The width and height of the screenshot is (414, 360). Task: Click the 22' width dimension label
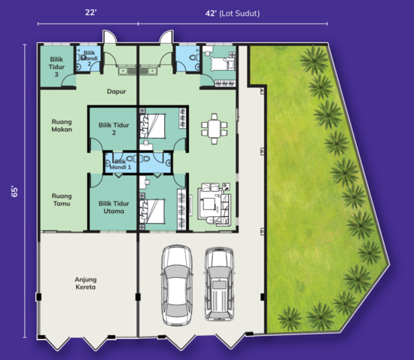pyautogui.click(x=90, y=13)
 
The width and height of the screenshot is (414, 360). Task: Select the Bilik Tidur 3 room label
pyautogui.click(x=51, y=64)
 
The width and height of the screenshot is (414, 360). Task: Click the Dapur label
pyautogui.click(x=115, y=91)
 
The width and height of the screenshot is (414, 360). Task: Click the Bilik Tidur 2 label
pyautogui.click(x=112, y=127)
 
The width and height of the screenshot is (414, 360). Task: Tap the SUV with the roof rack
pyautogui.click(x=219, y=281)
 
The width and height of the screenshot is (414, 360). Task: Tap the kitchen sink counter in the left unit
pyautogui.click(x=139, y=71)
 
